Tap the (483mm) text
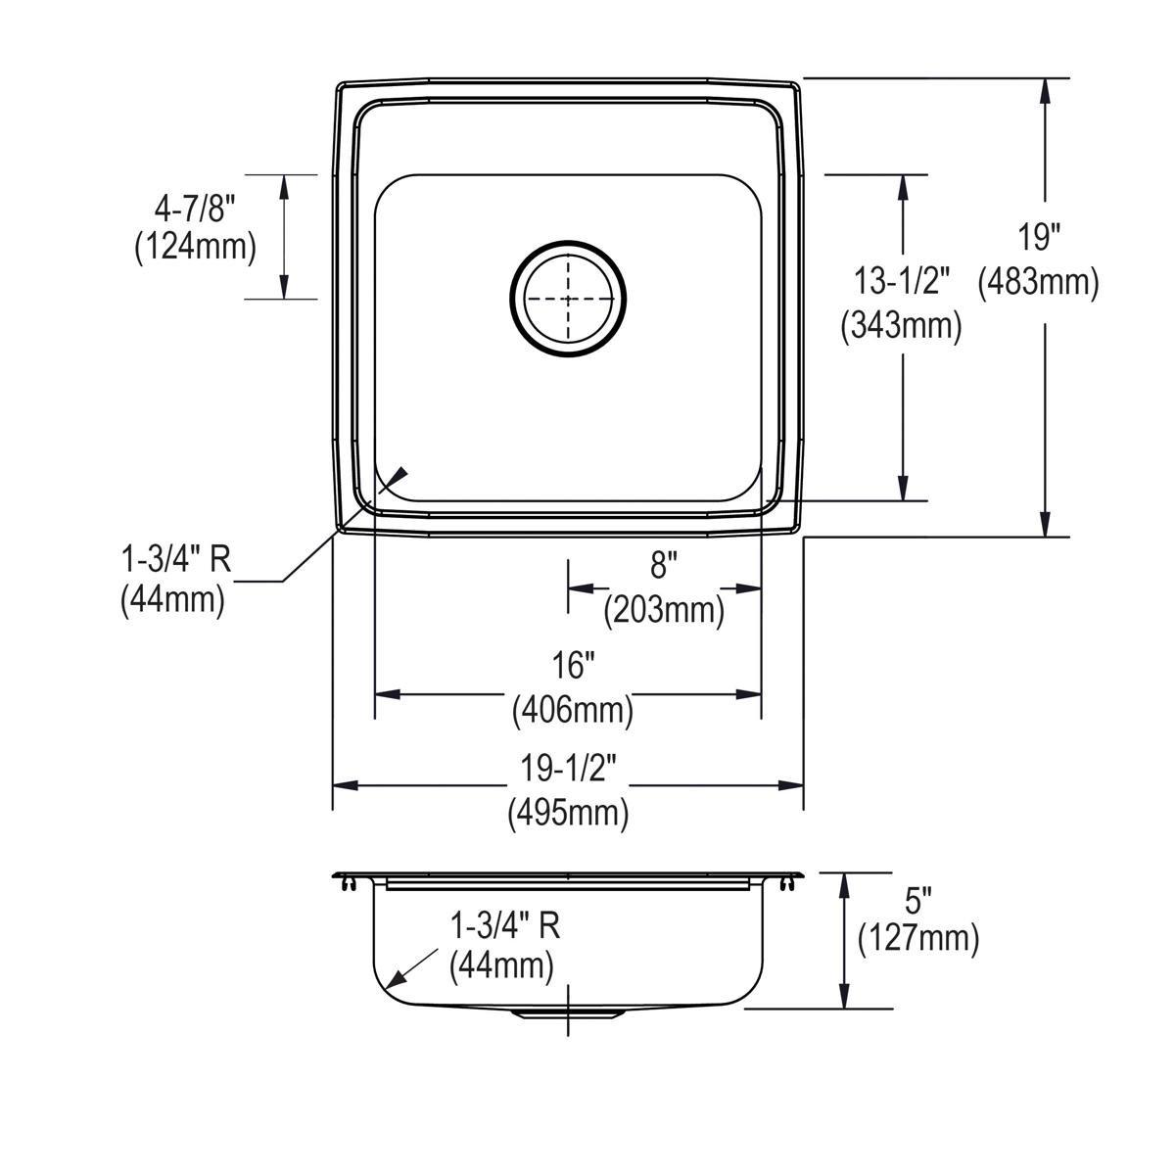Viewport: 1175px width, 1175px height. [1038, 283]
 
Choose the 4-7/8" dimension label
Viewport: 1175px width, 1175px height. [195, 207]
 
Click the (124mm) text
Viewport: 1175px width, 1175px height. [195, 247]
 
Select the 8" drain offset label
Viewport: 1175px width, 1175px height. [664, 566]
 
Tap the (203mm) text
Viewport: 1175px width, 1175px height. [664, 610]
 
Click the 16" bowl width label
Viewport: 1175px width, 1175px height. [572, 667]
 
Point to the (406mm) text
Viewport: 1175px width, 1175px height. [572, 711]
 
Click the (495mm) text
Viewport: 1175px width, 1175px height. [568, 813]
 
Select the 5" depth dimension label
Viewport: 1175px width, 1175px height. [917, 897]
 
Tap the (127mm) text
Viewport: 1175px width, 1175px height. [917, 940]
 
